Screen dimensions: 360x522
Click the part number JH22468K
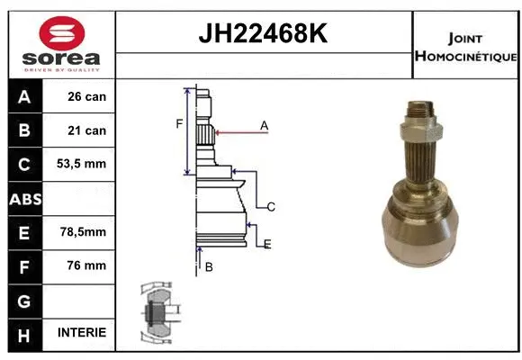(262, 34)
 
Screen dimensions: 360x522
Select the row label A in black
(24, 96)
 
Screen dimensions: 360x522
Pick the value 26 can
(87, 96)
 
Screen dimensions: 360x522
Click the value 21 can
(87, 130)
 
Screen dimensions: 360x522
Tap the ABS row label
(24, 198)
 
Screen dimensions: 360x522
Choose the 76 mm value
(87, 265)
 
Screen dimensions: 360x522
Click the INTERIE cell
(82, 333)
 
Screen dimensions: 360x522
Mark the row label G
(24, 299)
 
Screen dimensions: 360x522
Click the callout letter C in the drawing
(271, 207)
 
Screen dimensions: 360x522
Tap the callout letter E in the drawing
(267, 244)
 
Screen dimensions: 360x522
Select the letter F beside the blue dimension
(179, 123)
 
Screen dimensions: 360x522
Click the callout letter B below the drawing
(208, 266)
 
